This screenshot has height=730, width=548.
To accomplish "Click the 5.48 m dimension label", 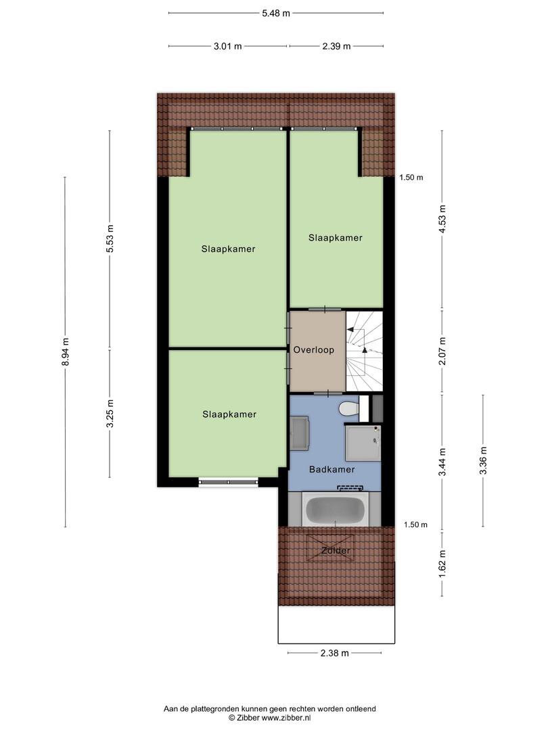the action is click(276, 13).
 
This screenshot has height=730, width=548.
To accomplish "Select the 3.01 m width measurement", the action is click(228, 46).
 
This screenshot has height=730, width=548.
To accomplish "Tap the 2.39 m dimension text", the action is click(336, 46).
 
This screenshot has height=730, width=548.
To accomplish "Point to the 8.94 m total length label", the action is click(65, 351).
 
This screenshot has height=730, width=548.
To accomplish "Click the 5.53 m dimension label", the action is click(110, 239).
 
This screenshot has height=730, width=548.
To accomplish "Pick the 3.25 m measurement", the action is click(110, 414).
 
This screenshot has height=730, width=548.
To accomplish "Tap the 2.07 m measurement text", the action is click(442, 351).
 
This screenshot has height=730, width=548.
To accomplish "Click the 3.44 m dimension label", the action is click(442, 462).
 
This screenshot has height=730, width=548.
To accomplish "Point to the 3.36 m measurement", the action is click(483, 460).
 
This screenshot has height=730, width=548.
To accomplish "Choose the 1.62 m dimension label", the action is click(442, 564).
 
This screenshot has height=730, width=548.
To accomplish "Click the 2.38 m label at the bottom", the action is click(335, 653).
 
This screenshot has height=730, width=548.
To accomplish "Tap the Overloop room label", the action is click(314, 349).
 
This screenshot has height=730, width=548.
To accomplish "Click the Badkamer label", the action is click(332, 469).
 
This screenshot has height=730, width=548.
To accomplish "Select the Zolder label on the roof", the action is click(336, 550).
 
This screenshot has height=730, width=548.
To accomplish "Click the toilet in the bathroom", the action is click(348, 409).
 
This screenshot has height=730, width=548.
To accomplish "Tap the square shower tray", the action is click(363, 443).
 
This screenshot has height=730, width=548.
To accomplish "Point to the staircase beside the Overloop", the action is click(364, 351).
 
